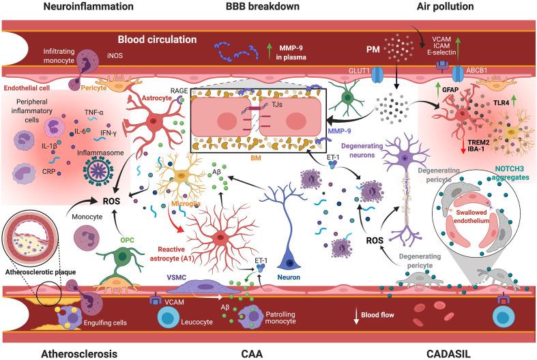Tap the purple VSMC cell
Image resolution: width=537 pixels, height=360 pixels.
coord(192,291)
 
